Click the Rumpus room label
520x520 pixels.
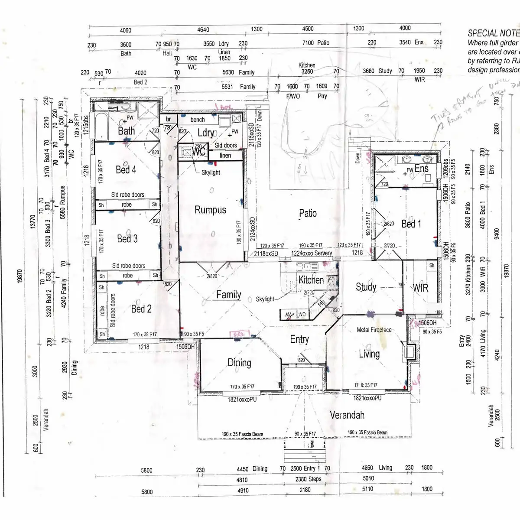coord(210,210)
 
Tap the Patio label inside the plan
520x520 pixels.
coord(308,213)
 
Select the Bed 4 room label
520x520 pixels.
coord(126,169)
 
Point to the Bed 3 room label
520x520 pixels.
coord(127,238)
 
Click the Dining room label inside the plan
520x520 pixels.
coord(239,363)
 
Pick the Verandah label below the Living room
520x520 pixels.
coord(347,415)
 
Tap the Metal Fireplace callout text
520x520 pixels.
coord(374,330)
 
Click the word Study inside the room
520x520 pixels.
coord(366,287)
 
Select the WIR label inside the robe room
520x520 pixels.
coord(420,288)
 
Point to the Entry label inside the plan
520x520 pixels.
coord(299,339)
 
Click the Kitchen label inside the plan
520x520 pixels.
coord(311,280)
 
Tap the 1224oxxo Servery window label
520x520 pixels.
coord(312,253)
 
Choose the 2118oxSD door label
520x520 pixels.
coord(266,253)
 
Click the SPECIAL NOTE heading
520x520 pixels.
coord(493,33)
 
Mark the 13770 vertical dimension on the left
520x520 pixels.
coord(32,222)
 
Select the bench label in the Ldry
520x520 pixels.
coord(197,120)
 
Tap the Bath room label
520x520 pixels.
coord(126,131)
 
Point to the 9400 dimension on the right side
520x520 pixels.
coord(497,233)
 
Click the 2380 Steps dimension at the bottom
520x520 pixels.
coord(308,479)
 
